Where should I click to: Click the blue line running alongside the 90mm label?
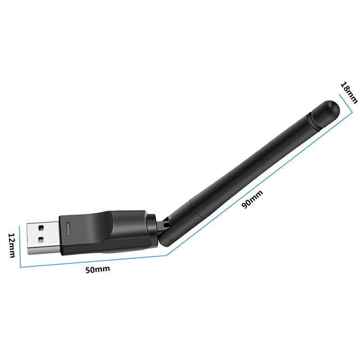tap(261, 184)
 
